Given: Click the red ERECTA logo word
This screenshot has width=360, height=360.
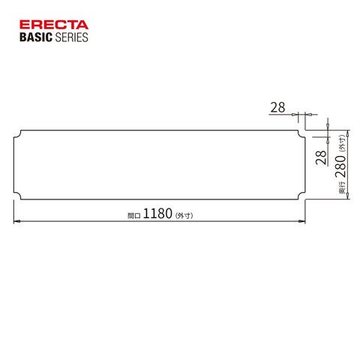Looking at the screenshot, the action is pos(54,25).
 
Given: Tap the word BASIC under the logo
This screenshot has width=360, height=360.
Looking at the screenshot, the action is pos(36,37).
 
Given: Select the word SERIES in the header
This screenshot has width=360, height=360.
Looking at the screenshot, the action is pos(71,37).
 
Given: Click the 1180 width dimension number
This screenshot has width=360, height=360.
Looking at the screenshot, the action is pos(157,214).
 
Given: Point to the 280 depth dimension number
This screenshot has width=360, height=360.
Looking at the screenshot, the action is pos(340,166).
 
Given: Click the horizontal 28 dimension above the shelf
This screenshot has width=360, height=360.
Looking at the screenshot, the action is pos(277,107).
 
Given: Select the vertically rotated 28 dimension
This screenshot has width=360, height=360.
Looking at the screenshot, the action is pos(322,157).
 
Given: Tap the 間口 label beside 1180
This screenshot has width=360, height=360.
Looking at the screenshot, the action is pos(134,215).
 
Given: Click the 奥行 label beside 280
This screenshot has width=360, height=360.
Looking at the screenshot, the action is pos(342,187).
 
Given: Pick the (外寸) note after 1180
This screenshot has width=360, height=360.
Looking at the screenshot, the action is pos(184,215).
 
